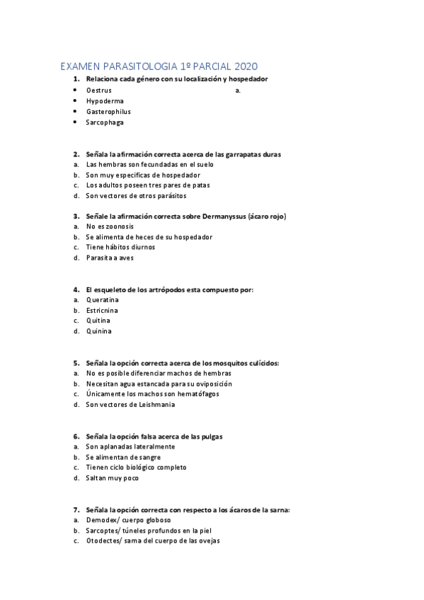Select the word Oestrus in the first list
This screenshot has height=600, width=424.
tap(98, 91)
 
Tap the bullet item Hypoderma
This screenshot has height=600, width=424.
tap(105, 101)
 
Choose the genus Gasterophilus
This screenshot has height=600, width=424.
tap(108, 112)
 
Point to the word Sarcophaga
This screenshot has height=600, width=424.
tap(105, 122)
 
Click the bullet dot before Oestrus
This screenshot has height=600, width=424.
tap(75, 91)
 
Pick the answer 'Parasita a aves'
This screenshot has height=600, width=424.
tap(110, 258)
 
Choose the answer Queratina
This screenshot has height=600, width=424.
tap(103, 299)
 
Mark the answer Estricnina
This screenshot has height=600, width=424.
tap(102, 310)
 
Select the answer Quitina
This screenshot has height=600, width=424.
tap(98, 321)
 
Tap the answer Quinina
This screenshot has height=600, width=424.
tap(98, 331)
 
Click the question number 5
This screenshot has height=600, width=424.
tap(76, 363)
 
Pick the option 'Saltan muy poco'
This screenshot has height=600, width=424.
tap(113, 478)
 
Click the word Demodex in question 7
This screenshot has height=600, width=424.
tap(101, 520)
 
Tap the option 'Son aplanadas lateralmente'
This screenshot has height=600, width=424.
tap(130, 446)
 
